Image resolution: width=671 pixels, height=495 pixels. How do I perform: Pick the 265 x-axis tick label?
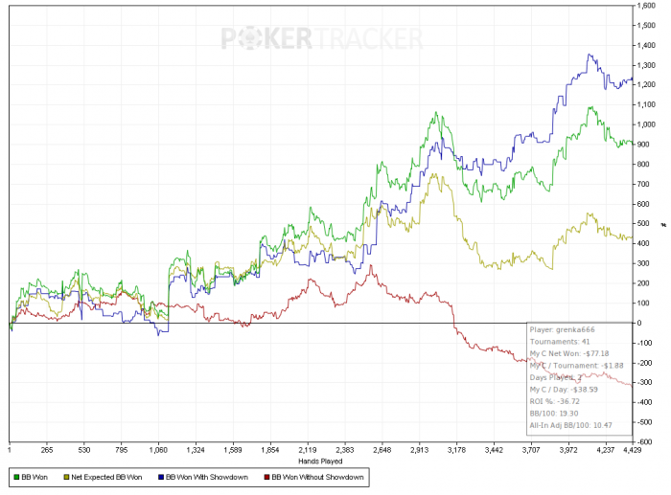pos(46,448)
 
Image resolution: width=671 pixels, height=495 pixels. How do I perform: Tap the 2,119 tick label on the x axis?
pos(307,448)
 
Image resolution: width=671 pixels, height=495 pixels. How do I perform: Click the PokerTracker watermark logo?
pos(322,38)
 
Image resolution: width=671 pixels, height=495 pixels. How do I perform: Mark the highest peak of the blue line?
pos(590,56)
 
